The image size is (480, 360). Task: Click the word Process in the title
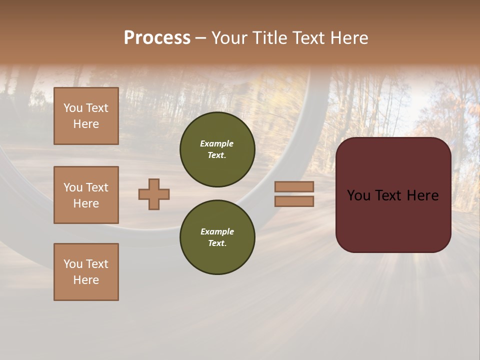[x=157, y=38]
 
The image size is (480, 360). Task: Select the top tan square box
[x=86, y=116]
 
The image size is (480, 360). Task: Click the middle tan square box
[x=86, y=195]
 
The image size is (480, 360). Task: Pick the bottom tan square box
[x=86, y=272]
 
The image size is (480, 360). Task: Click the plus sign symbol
[x=154, y=194]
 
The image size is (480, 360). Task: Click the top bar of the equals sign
[x=294, y=186]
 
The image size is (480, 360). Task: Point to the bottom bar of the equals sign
[x=294, y=201]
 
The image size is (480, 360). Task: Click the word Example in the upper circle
[x=216, y=143]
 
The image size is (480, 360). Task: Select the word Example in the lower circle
[x=217, y=231]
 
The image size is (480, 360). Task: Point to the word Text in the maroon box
[x=392, y=195]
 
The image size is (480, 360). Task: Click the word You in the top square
[x=72, y=108]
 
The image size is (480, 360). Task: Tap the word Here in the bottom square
[x=86, y=280]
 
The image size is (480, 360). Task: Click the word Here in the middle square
[x=86, y=203]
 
